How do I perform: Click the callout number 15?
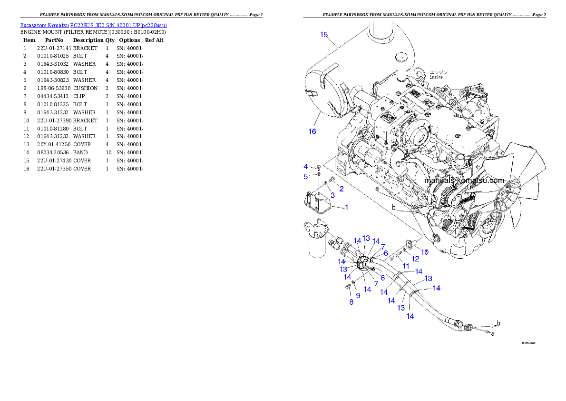pyautogui.click(x=324, y=35)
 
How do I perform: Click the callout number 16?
pyautogui.click(x=312, y=131)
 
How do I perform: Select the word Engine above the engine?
pyautogui.click(x=437, y=77)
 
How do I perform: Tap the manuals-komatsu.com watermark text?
pyautogui.click(x=464, y=180)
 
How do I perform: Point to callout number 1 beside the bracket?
pyautogui.click(x=347, y=207)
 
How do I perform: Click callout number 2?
pyautogui.click(x=341, y=189)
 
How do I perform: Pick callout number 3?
pyautogui.click(x=332, y=195)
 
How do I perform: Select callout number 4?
pyautogui.click(x=306, y=166)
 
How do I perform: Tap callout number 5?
pyautogui.click(x=306, y=177)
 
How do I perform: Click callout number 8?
pyautogui.click(x=351, y=302)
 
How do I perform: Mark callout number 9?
pyautogui.click(x=358, y=295)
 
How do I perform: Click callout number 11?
pyautogui.click(x=406, y=265)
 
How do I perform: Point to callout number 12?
pyautogui.click(x=415, y=259)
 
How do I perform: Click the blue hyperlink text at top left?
pyautogui.click(x=93, y=25)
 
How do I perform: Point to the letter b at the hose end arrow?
pyautogui.click(x=498, y=323)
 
